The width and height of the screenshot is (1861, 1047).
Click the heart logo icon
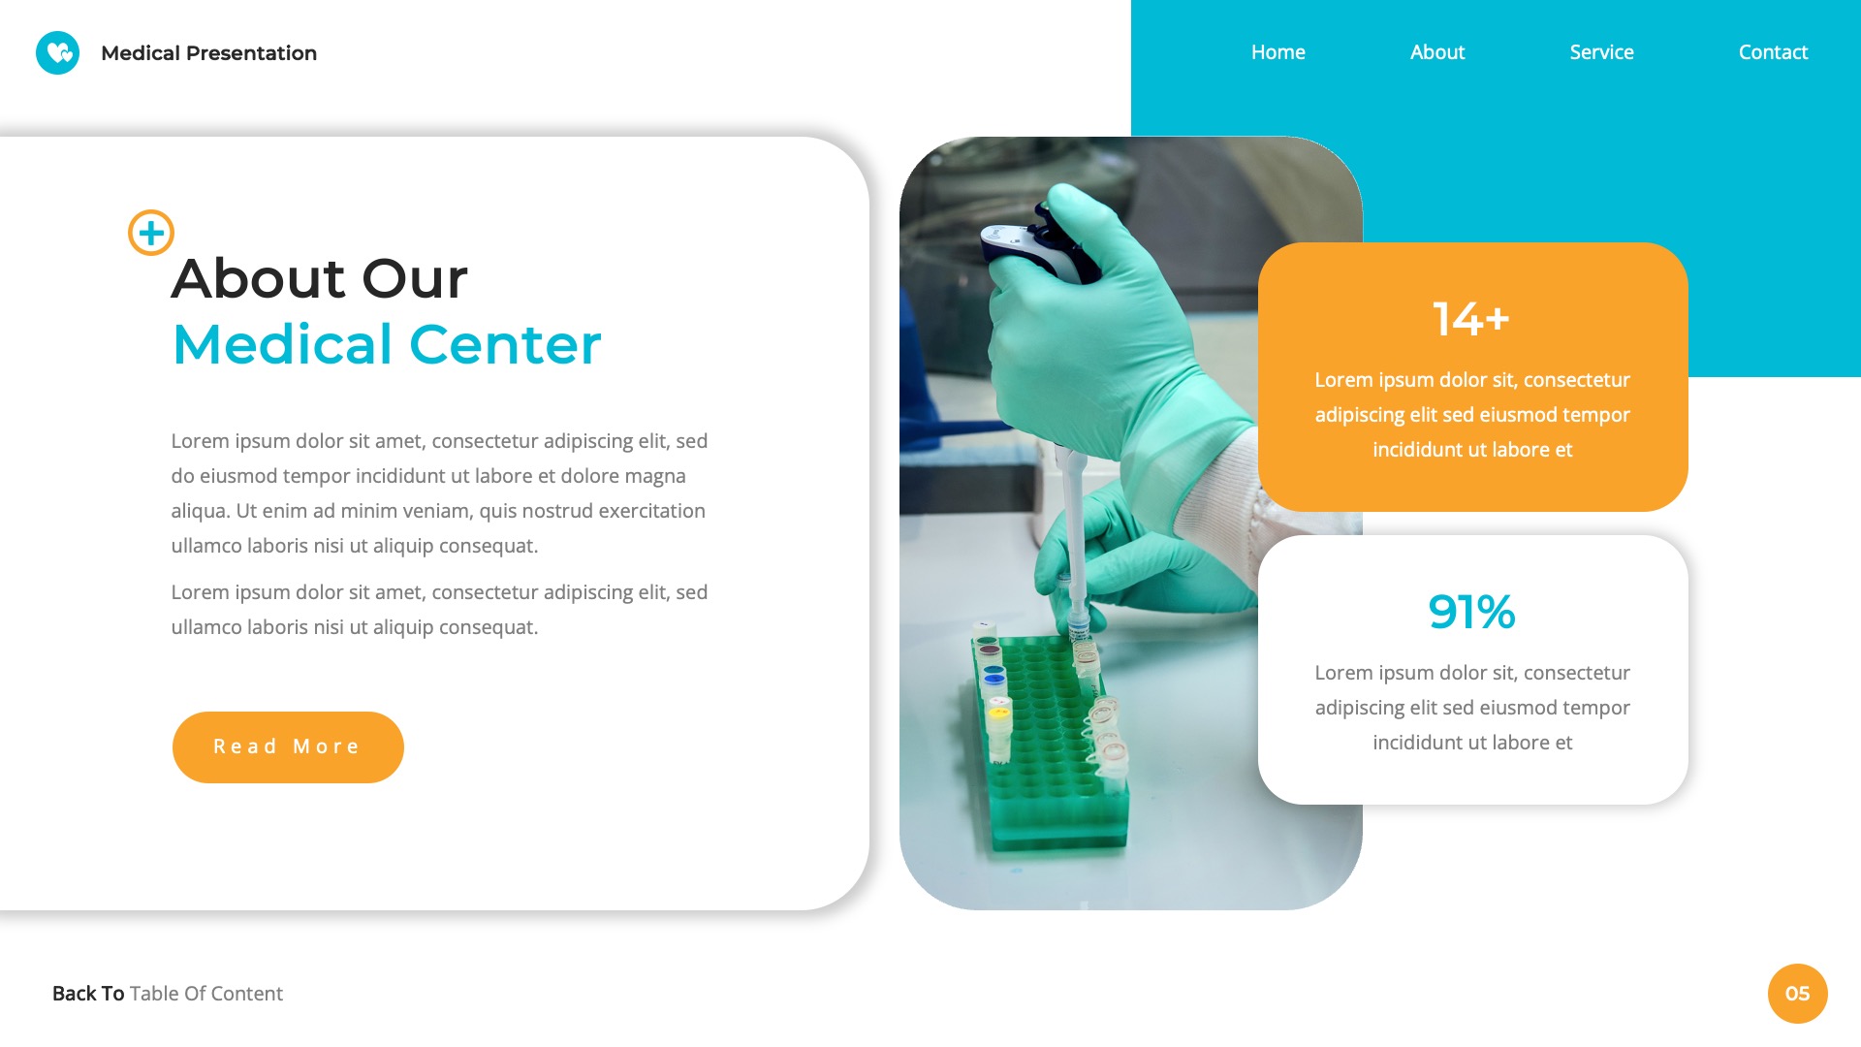(57, 52)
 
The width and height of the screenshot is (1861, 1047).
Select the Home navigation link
(1277, 52)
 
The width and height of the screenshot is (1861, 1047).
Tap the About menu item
(1436, 52)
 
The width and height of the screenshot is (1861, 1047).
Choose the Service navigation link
(1601, 52)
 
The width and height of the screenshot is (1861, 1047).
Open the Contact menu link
(1773, 52)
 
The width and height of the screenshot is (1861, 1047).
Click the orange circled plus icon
(151, 233)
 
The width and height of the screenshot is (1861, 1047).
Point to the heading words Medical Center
(387, 345)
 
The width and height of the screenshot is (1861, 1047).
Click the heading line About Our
(320, 279)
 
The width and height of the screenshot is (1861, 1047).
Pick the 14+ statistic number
(1471, 319)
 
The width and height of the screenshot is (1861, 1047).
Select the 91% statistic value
(1471, 612)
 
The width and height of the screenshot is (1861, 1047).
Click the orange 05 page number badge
(1797, 993)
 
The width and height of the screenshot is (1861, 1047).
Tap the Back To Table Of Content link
(168, 994)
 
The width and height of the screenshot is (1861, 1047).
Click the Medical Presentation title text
(208, 53)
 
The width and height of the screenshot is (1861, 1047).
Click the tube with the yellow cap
(998, 715)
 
